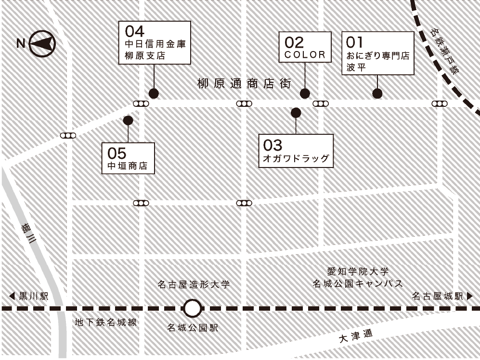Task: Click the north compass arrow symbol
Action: point(42,44)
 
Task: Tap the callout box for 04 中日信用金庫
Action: point(155,42)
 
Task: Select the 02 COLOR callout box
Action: point(305,47)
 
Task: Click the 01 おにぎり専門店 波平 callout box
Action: point(378,53)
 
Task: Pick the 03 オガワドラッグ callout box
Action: point(296,151)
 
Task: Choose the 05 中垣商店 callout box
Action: point(128,158)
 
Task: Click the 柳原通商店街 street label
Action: point(244,83)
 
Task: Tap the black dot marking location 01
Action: point(377,93)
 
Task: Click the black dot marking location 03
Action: point(296,113)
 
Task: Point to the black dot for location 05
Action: point(128,120)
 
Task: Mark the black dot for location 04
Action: point(154,93)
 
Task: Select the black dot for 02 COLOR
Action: point(305,93)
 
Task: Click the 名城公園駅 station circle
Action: point(192,308)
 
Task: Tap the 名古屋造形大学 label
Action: point(194,284)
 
